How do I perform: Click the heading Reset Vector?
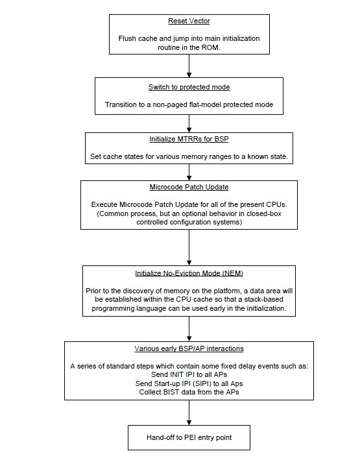(x=189, y=21)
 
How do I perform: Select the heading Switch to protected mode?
(x=189, y=87)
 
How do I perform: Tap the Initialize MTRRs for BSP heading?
(x=189, y=139)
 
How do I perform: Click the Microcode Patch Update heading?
(x=189, y=187)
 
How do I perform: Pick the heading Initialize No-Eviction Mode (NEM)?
(x=189, y=273)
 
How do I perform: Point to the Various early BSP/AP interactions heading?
(x=189, y=348)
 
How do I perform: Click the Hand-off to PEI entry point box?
(x=189, y=437)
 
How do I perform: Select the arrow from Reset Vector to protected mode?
(x=189, y=66)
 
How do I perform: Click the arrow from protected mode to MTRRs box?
(x=189, y=123)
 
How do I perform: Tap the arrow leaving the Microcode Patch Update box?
(x=189, y=247)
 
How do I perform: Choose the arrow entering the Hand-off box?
(x=189, y=413)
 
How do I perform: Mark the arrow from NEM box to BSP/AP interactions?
(x=189, y=329)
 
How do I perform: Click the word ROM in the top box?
(x=211, y=47)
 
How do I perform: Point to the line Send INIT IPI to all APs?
(x=189, y=374)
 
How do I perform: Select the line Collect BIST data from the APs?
(x=189, y=392)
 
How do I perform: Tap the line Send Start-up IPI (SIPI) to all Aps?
(x=189, y=383)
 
